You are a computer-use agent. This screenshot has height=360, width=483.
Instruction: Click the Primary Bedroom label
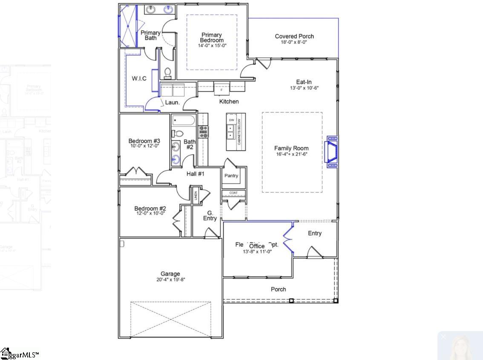(212, 37)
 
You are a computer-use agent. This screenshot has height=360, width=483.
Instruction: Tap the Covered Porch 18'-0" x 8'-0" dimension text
(294, 43)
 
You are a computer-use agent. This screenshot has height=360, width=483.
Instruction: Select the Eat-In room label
(304, 82)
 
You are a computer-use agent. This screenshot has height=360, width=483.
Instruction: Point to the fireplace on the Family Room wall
(332, 151)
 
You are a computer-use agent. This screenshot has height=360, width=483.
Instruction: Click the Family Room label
(291, 149)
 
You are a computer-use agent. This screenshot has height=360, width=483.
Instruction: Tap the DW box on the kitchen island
(231, 120)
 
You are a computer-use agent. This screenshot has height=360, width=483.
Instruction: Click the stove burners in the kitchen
(203, 131)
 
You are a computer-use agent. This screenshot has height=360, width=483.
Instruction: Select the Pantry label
(231, 176)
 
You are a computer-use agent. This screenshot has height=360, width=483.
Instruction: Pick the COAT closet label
(233, 193)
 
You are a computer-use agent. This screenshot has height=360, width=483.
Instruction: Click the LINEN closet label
(196, 196)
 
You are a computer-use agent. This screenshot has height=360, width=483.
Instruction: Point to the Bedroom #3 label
(144, 141)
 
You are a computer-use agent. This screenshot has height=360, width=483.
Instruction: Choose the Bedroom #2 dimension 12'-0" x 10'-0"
(150, 214)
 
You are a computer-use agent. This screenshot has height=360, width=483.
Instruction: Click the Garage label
(170, 274)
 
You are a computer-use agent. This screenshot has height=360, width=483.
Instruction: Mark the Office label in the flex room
(257, 246)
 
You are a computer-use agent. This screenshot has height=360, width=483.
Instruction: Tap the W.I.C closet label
(139, 78)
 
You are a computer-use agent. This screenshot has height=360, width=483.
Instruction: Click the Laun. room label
(172, 103)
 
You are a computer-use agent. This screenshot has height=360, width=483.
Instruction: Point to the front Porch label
(279, 289)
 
